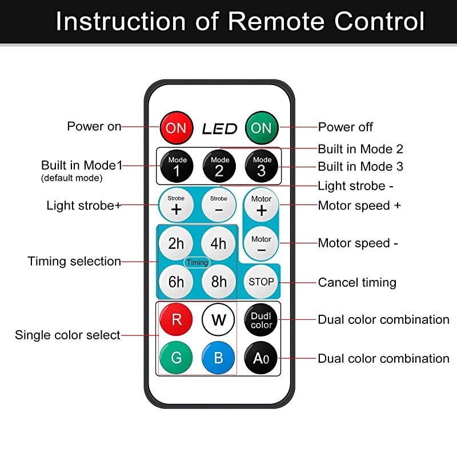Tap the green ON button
click(262, 127)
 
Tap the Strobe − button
click(219, 205)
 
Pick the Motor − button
click(262, 244)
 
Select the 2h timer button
click(176, 243)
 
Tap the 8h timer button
click(219, 282)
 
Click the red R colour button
click(176, 318)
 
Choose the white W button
click(219, 319)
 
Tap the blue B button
click(219, 358)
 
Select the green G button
click(176, 358)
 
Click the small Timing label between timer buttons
click(197, 262)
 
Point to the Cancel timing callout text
click(357, 282)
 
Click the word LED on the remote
click(219, 129)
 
